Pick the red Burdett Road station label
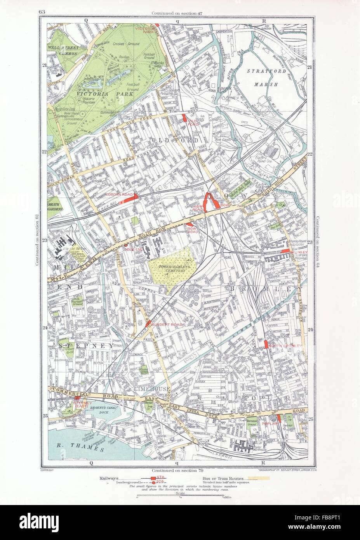[x=162, y=324]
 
